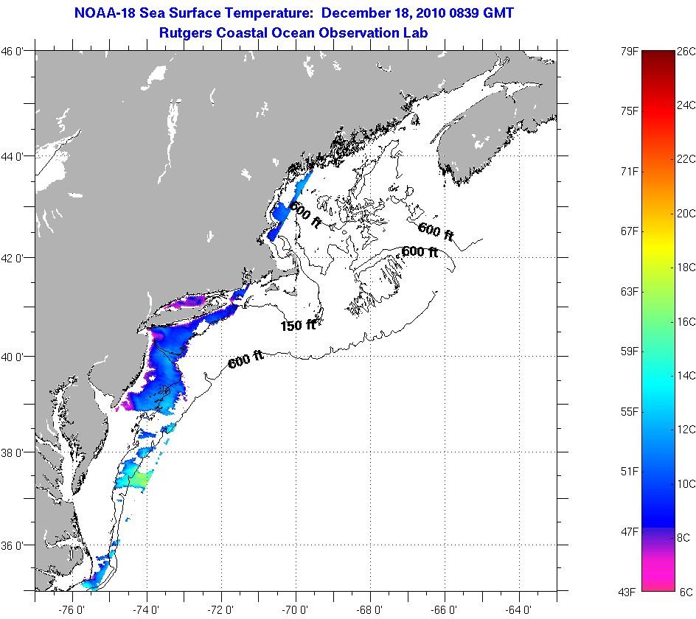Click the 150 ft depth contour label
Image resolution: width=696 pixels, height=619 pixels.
[x=297, y=325]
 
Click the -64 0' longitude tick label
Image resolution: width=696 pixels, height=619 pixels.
[x=520, y=609]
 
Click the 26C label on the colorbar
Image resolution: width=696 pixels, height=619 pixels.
[x=686, y=51]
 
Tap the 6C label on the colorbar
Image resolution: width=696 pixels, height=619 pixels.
[x=686, y=592]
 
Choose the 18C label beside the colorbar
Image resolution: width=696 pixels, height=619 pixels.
[x=686, y=267]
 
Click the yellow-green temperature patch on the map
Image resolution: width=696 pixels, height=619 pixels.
[x=141, y=480]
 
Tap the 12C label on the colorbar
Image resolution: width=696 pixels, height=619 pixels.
[x=686, y=430]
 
